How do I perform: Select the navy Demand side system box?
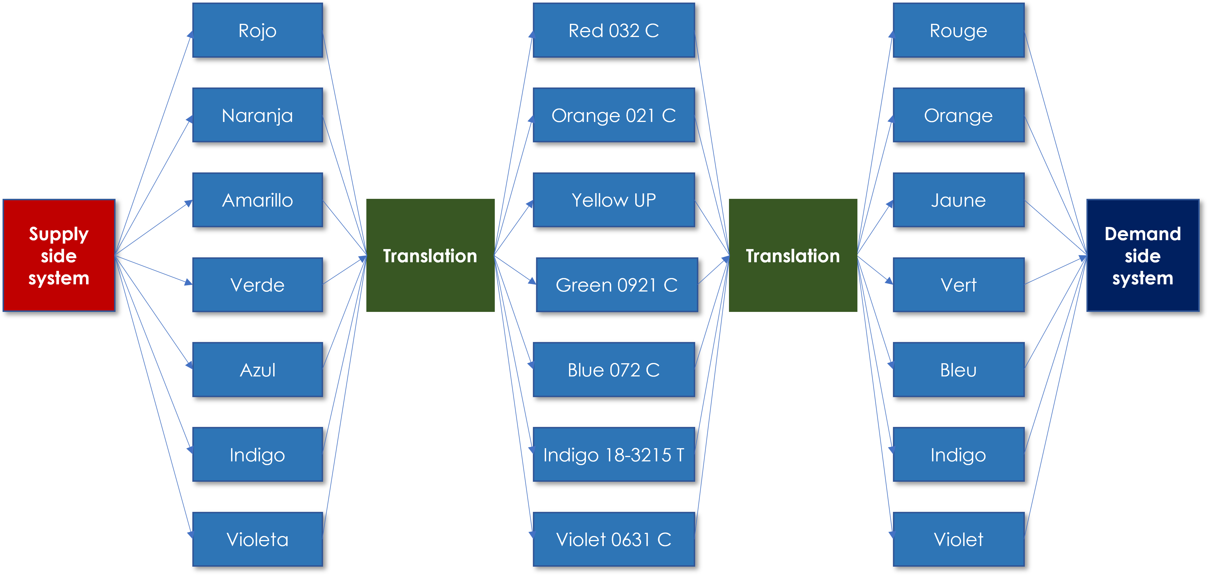point(1142,255)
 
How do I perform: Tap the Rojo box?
point(257,30)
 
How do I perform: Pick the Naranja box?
point(257,115)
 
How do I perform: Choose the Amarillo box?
point(257,200)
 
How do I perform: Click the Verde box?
point(257,284)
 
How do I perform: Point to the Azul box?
point(257,369)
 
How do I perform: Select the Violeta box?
point(257,539)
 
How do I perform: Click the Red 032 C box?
point(613,30)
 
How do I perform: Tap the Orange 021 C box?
point(613,115)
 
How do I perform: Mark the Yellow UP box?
point(613,200)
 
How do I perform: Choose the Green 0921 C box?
point(617,284)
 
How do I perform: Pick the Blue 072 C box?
point(613,369)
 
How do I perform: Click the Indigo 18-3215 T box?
point(613,454)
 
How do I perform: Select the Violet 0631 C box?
point(613,539)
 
